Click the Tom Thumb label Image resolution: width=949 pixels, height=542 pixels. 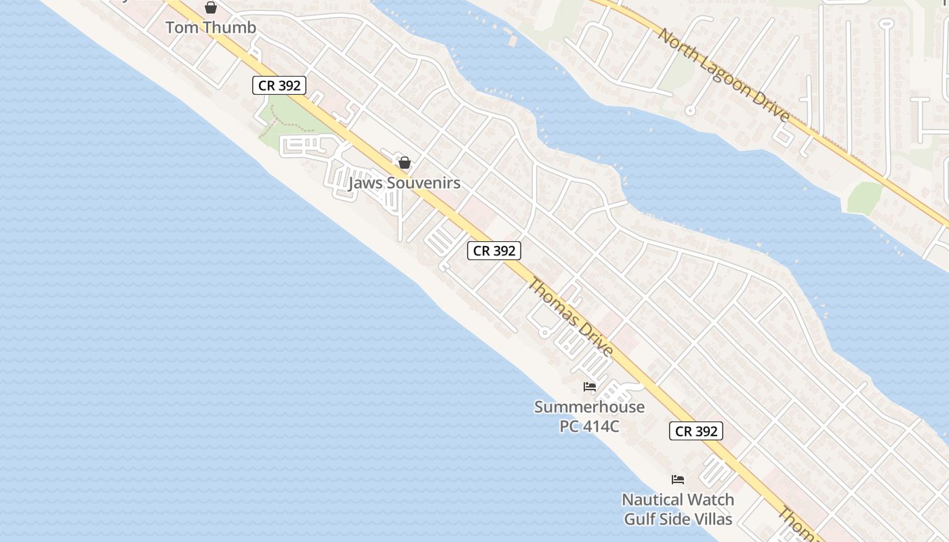point(211,28)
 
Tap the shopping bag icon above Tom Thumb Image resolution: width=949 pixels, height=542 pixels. point(211,7)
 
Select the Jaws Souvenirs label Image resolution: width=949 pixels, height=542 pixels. point(404,183)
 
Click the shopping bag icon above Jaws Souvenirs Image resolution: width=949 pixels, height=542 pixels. point(405,163)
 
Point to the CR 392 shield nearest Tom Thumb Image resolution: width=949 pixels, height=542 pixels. point(279,85)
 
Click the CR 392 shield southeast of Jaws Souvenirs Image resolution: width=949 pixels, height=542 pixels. point(494,251)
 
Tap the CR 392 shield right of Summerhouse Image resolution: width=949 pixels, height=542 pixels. point(696,431)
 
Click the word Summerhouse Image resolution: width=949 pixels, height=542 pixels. point(589,407)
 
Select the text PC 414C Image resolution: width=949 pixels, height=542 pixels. point(589,426)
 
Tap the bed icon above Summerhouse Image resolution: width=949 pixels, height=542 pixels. point(590,387)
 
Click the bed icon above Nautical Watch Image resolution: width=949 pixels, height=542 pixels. point(678,480)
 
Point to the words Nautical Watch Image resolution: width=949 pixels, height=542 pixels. point(678,500)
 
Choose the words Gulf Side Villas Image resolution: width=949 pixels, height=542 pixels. point(678,519)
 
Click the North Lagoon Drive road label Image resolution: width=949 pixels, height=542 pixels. point(725,75)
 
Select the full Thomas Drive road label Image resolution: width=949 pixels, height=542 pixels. point(570,317)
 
